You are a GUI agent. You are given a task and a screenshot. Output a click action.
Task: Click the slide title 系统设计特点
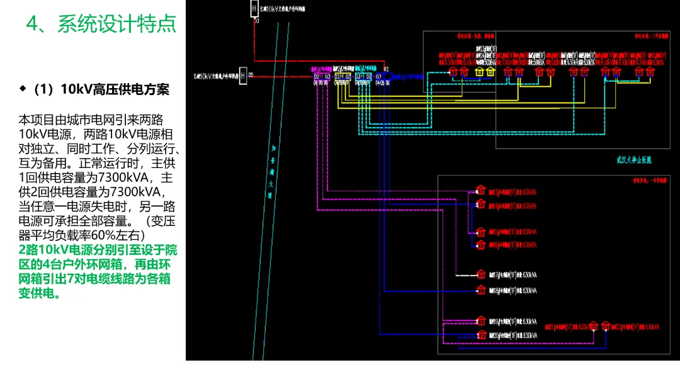point(116,25)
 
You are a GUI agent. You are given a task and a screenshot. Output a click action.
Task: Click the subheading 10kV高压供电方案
point(115,89)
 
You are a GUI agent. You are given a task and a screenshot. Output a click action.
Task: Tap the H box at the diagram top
point(254,8)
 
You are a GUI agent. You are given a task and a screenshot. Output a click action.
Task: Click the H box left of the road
point(242,76)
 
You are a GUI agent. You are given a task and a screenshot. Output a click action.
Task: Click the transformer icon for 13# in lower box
point(480,190)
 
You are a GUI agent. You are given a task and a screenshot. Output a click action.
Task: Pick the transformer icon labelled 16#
point(480,244)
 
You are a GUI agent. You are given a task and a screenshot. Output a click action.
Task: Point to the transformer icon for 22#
point(606,326)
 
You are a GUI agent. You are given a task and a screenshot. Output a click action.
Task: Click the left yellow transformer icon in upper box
point(479,72)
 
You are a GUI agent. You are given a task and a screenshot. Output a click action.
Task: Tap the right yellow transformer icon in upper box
point(491,72)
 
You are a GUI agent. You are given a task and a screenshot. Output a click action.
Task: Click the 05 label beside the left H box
point(251,75)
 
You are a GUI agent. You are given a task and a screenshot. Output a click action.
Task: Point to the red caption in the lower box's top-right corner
point(642,179)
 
